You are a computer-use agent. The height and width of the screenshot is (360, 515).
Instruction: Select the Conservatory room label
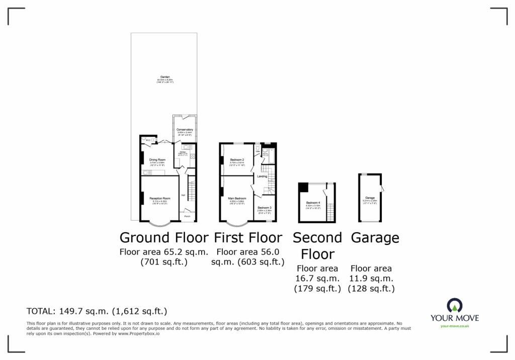(185, 129)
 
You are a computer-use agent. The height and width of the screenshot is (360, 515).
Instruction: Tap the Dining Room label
(157, 159)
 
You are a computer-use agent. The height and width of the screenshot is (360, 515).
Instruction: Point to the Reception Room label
(160, 198)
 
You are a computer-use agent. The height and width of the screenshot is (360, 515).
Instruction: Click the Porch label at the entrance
(187, 216)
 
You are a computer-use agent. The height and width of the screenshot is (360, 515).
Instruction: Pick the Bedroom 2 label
(237, 159)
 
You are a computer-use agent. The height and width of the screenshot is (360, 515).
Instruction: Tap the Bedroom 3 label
(265, 208)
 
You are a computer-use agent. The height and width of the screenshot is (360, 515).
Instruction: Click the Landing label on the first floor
(262, 176)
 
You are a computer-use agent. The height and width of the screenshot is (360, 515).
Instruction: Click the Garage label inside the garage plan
(370, 198)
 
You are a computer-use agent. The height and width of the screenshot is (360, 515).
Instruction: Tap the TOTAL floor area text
(97, 311)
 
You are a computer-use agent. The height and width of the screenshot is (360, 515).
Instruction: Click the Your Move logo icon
(454, 305)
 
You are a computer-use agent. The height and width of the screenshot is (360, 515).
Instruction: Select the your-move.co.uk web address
(454, 326)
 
